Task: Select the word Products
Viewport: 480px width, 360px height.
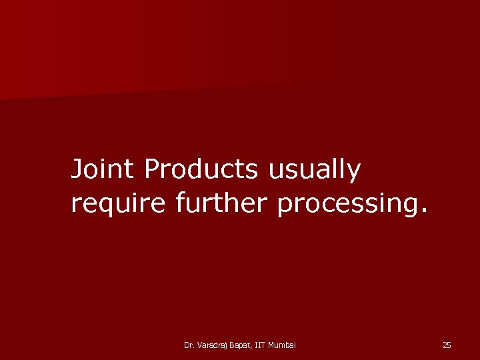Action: point(200,169)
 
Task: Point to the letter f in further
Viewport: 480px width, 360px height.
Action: point(180,203)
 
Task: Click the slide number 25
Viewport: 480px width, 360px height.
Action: point(447,345)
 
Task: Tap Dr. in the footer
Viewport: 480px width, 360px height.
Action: point(188,345)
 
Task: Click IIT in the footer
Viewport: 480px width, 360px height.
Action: point(261,345)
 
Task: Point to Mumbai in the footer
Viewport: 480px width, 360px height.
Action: point(283,345)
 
